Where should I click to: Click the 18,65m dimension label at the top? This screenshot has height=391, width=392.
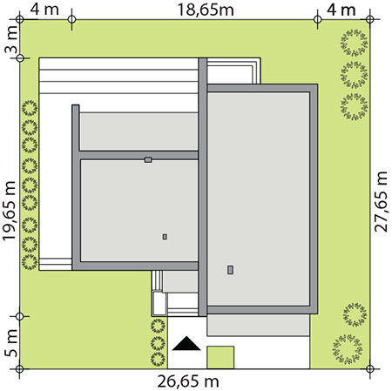[x=206, y=10]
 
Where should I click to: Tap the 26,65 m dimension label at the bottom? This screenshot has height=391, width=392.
[x=188, y=381]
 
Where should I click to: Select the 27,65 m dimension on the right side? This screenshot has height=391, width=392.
[x=381, y=201]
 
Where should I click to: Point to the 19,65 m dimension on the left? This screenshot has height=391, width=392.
[x=10, y=211]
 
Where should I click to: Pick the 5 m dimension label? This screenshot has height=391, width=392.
[x=11, y=343]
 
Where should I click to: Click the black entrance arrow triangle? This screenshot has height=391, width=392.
[x=186, y=343]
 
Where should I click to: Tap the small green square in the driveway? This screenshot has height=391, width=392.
[x=220, y=357]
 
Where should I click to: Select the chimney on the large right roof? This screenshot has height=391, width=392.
[x=230, y=270]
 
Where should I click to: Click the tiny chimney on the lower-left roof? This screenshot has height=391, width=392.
[x=165, y=237]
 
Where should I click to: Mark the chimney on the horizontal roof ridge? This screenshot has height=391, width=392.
[x=148, y=159]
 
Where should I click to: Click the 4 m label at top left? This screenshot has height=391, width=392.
[x=44, y=10]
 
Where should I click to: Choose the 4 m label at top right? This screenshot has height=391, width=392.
[x=341, y=10]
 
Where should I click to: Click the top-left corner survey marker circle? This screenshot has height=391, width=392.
[x=19, y=19]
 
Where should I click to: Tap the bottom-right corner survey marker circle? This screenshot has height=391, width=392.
[x=370, y=369]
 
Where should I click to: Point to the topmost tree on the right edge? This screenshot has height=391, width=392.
[x=355, y=43]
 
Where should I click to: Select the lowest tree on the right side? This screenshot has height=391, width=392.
[x=348, y=349]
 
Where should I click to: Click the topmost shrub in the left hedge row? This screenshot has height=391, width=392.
[x=30, y=108]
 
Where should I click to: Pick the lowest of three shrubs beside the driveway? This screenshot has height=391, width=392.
[x=158, y=360]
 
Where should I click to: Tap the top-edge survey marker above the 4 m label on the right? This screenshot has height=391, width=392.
[x=318, y=19]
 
